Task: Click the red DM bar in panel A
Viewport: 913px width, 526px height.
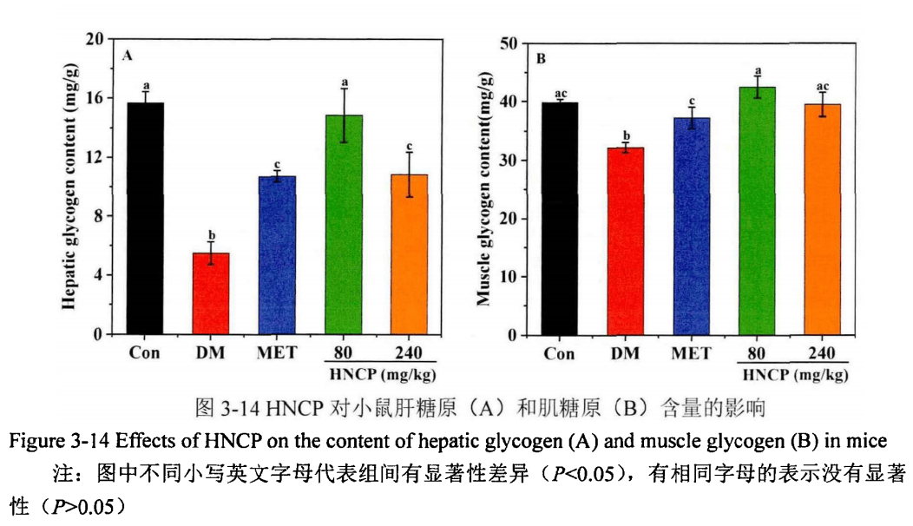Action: [211, 293]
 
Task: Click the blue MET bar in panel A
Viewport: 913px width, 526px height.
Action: [277, 255]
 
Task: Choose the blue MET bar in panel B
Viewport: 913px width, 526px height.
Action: [692, 227]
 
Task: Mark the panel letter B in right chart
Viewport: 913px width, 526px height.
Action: [540, 59]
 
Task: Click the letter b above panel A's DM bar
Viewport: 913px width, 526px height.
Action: [211, 235]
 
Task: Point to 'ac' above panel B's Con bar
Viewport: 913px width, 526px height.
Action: [560, 93]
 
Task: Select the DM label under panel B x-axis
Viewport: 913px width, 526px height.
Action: [626, 353]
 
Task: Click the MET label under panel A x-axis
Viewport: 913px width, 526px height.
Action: [277, 352]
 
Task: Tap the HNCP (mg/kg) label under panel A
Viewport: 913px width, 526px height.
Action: [382, 374]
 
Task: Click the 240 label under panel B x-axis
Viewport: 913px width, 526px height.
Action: [821, 353]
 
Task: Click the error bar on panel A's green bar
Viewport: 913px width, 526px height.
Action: [344, 115]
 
